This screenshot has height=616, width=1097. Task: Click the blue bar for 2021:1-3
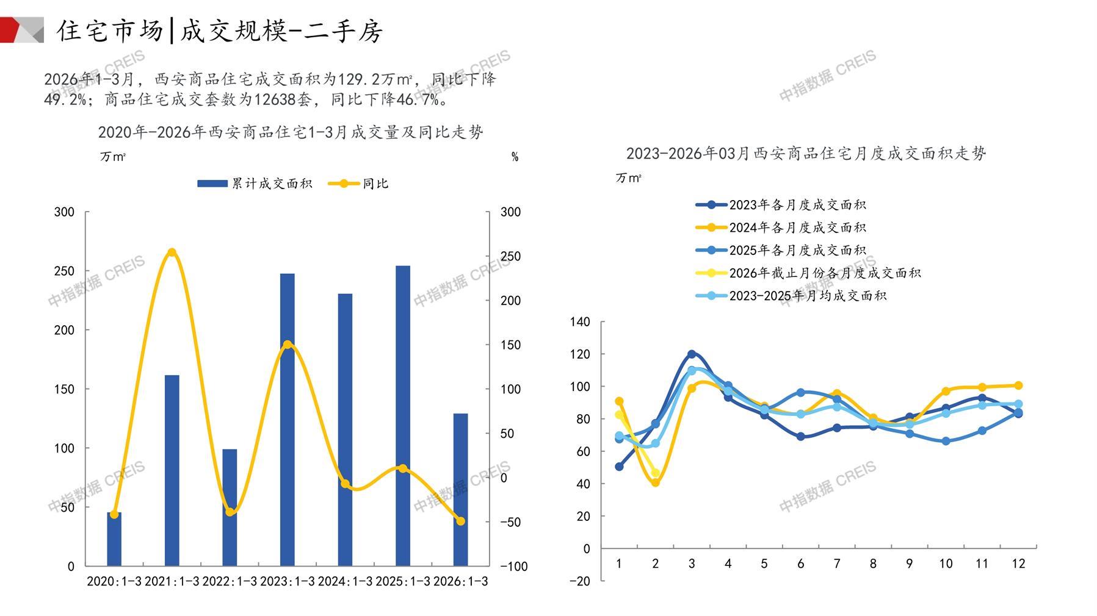(172, 470)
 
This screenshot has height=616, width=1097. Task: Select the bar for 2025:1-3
(402, 415)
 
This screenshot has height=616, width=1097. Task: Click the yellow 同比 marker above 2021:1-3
(172, 252)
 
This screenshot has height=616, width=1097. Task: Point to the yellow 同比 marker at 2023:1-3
(288, 345)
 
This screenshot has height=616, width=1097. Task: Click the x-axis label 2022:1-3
(230, 581)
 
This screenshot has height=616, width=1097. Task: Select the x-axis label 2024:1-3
(345, 581)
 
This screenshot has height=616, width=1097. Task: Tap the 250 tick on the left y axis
(64, 271)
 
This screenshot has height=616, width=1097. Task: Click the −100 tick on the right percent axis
(513, 567)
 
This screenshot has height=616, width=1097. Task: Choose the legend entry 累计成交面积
(255, 184)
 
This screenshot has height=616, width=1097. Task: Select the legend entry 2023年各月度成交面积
(781, 205)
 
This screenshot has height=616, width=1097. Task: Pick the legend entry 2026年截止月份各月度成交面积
(808, 273)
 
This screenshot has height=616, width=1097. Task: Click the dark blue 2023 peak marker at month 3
(692, 354)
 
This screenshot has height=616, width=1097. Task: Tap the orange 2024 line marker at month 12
(1018, 385)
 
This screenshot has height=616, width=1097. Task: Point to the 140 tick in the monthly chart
(580, 322)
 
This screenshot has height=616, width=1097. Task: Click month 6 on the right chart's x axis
(800, 564)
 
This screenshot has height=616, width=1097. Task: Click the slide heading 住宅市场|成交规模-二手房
(220, 30)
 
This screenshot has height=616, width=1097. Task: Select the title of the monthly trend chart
(806, 154)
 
